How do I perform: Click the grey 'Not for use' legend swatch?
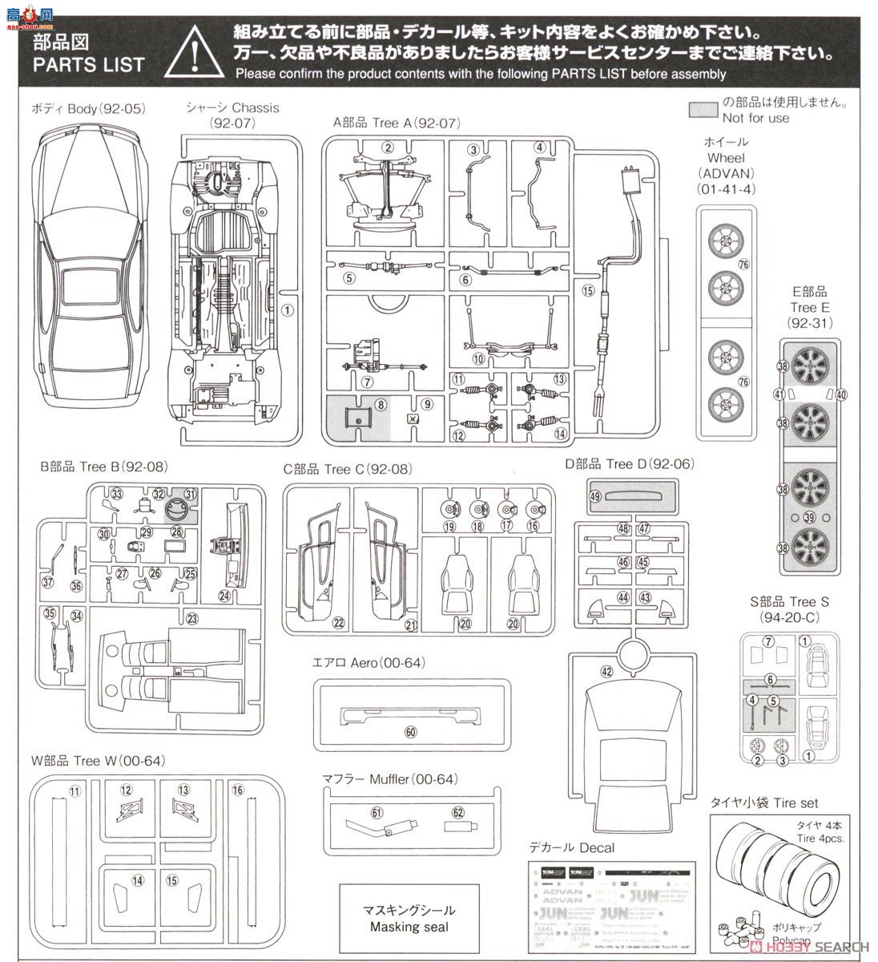click(x=703, y=110)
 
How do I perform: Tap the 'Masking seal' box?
click(x=409, y=919)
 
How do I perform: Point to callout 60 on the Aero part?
click(x=411, y=732)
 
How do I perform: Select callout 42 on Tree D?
click(x=606, y=672)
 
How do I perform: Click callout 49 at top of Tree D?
click(x=594, y=497)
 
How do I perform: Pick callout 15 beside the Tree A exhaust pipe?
click(x=589, y=291)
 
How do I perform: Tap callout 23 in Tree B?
click(x=192, y=618)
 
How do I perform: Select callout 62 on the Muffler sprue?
click(x=457, y=812)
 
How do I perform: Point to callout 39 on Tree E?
click(x=809, y=517)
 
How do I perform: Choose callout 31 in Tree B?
click(x=190, y=495)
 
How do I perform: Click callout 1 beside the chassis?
click(x=288, y=310)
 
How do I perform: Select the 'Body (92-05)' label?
click(x=88, y=108)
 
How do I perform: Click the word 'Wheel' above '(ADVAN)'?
click(x=726, y=158)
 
